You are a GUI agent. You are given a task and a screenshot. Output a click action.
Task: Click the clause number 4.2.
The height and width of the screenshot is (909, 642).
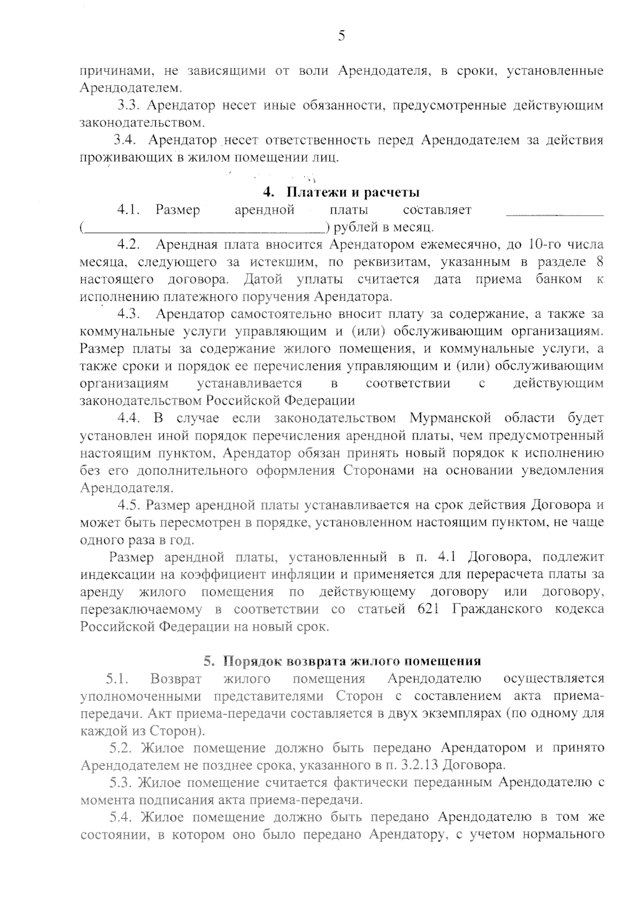[x=129, y=245]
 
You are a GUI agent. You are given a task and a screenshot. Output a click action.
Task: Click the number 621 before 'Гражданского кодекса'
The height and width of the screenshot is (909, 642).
[x=427, y=609]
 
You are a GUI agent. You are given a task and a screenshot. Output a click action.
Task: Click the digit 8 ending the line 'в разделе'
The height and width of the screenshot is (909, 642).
[x=599, y=262]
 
